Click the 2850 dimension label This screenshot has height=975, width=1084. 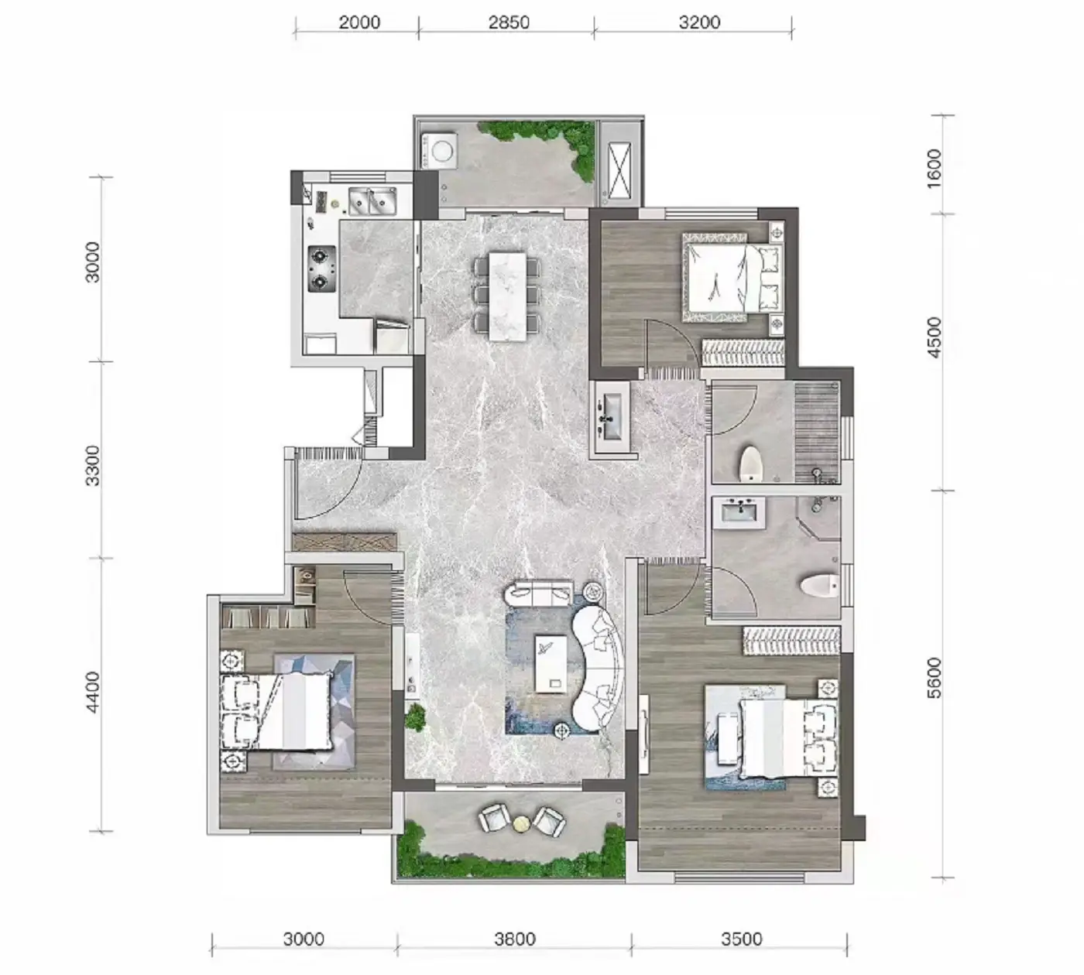pyautogui.click(x=509, y=22)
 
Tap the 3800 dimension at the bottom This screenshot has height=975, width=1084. pyautogui.click(x=514, y=939)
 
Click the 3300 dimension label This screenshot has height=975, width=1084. pyautogui.click(x=93, y=466)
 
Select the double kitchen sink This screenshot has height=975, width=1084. pyautogui.click(x=372, y=200)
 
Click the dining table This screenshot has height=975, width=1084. pyautogui.click(x=507, y=296)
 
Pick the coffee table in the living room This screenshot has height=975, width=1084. pyautogui.click(x=551, y=664)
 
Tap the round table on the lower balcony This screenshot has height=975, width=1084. pyautogui.click(x=521, y=823)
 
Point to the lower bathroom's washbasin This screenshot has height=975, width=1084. pyautogui.click(x=739, y=511)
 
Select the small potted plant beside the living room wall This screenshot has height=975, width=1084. pyautogui.click(x=415, y=717)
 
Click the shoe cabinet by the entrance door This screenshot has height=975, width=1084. pyautogui.click(x=345, y=542)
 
